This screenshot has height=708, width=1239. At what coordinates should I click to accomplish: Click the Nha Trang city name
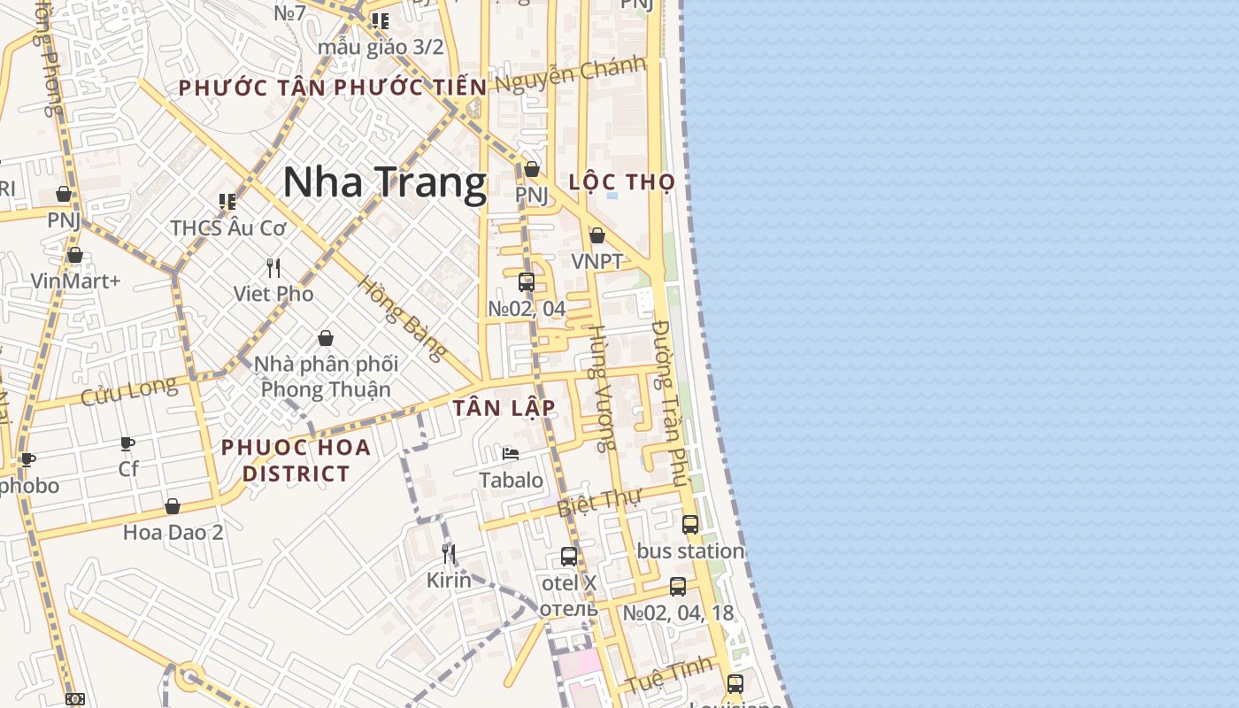(x=385, y=183)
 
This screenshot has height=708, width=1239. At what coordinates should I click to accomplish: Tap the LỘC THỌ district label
(x=622, y=182)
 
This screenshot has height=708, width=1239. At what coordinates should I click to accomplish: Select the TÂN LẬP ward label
(x=504, y=408)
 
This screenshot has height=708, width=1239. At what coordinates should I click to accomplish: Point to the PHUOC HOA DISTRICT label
(x=296, y=460)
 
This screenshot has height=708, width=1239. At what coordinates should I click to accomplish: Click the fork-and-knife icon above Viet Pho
(x=273, y=267)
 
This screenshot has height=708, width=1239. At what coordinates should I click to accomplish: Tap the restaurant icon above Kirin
(x=449, y=554)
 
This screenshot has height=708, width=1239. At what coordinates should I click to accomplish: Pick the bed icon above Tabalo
(x=511, y=454)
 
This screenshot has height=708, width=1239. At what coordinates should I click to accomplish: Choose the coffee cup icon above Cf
(x=127, y=443)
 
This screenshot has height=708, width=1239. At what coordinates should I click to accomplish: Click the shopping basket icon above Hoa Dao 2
(x=173, y=506)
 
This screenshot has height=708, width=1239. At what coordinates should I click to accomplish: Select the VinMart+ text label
(x=75, y=281)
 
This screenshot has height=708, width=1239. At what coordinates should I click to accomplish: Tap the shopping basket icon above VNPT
(x=597, y=235)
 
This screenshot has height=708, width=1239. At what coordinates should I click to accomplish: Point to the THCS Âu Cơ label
(x=228, y=227)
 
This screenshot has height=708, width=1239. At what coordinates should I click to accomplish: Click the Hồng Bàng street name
(x=403, y=319)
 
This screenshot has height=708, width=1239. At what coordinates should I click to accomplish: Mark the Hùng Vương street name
(x=601, y=388)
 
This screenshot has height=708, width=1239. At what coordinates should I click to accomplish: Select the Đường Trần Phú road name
(x=669, y=404)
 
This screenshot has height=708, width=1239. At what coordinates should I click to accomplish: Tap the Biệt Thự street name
(x=598, y=502)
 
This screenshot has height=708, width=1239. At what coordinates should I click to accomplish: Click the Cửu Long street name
(x=129, y=390)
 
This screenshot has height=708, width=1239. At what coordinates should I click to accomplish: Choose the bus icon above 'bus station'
(x=690, y=524)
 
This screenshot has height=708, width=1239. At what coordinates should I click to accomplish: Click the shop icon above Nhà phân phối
(x=326, y=338)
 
